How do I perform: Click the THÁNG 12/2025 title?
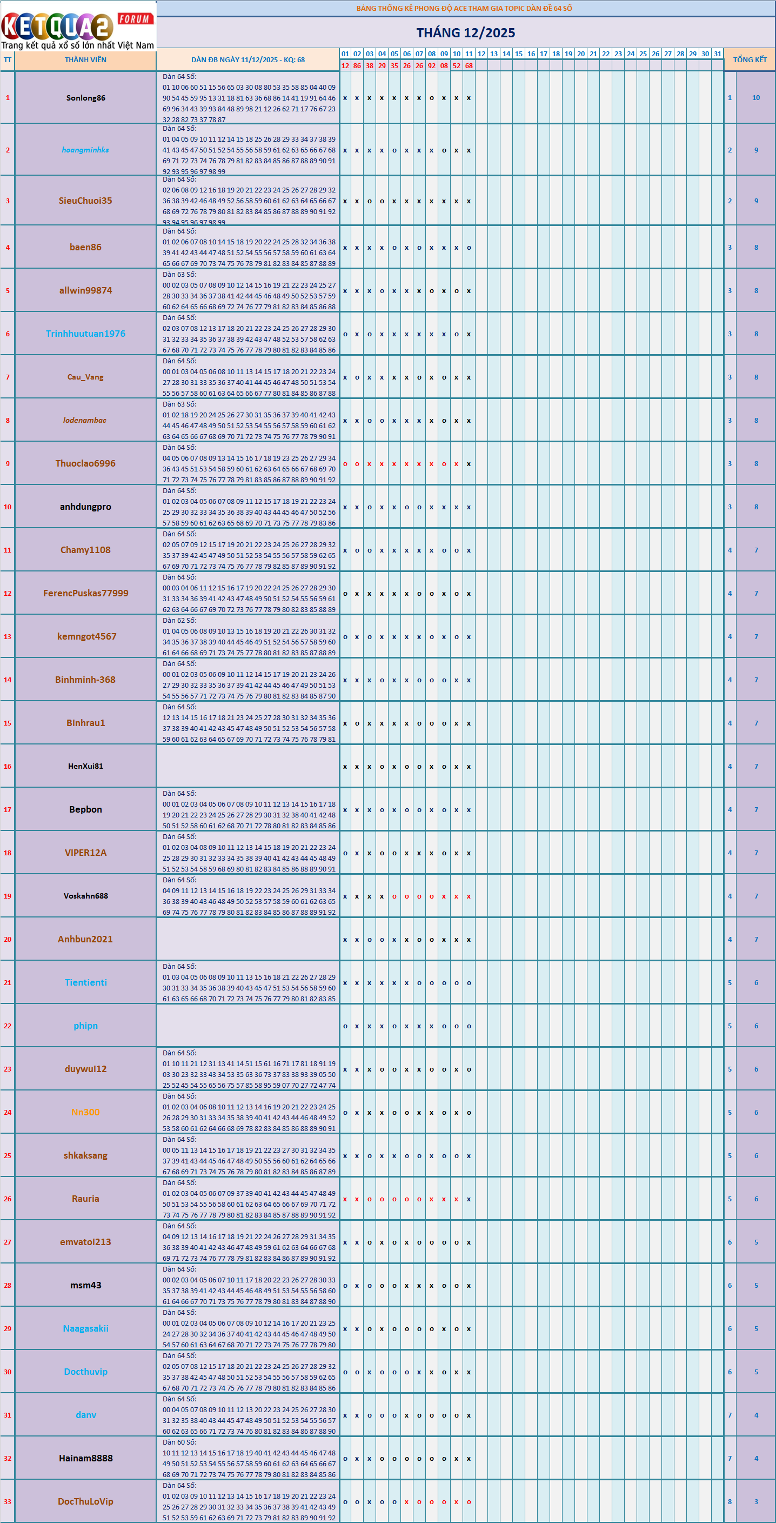pos(465,32)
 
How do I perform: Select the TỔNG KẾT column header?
pos(750,59)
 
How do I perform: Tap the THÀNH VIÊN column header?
pos(86,59)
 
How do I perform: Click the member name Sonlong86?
pos(86,98)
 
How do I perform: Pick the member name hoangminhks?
pos(86,150)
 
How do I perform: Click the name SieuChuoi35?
pos(86,201)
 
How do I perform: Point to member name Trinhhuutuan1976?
pos(86,334)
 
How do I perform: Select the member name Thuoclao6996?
pos(86,463)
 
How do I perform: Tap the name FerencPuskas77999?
pos(86,594)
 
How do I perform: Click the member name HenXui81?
pos(86,766)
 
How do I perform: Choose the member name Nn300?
pos(86,1112)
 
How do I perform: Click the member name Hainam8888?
pos(86,1459)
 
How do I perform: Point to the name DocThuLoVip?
pos(86,1502)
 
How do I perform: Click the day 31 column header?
pos(718,54)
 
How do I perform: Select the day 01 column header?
pos(345,54)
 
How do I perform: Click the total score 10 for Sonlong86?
pos(756,98)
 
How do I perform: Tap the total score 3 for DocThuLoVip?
pos(756,1502)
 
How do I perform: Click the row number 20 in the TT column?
pos(8,940)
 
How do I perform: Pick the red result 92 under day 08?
pos(431,65)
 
